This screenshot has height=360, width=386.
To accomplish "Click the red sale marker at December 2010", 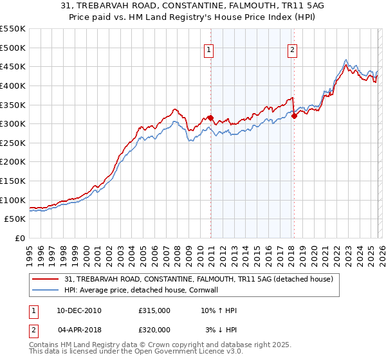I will tap(210, 118).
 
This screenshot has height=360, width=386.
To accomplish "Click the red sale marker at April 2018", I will tap(294, 116).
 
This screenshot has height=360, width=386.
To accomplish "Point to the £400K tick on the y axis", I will tap(14, 85).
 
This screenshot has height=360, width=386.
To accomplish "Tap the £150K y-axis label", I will tap(14, 181).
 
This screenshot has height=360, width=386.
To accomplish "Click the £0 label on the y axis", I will tap(20, 238).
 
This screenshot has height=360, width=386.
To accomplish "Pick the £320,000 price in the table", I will tap(154, 328).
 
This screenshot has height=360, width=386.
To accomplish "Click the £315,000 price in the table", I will tap(154, 310).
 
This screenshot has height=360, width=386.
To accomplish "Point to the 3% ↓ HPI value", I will tap(221, 328).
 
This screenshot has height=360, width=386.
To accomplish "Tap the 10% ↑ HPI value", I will tap(219, 310).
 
